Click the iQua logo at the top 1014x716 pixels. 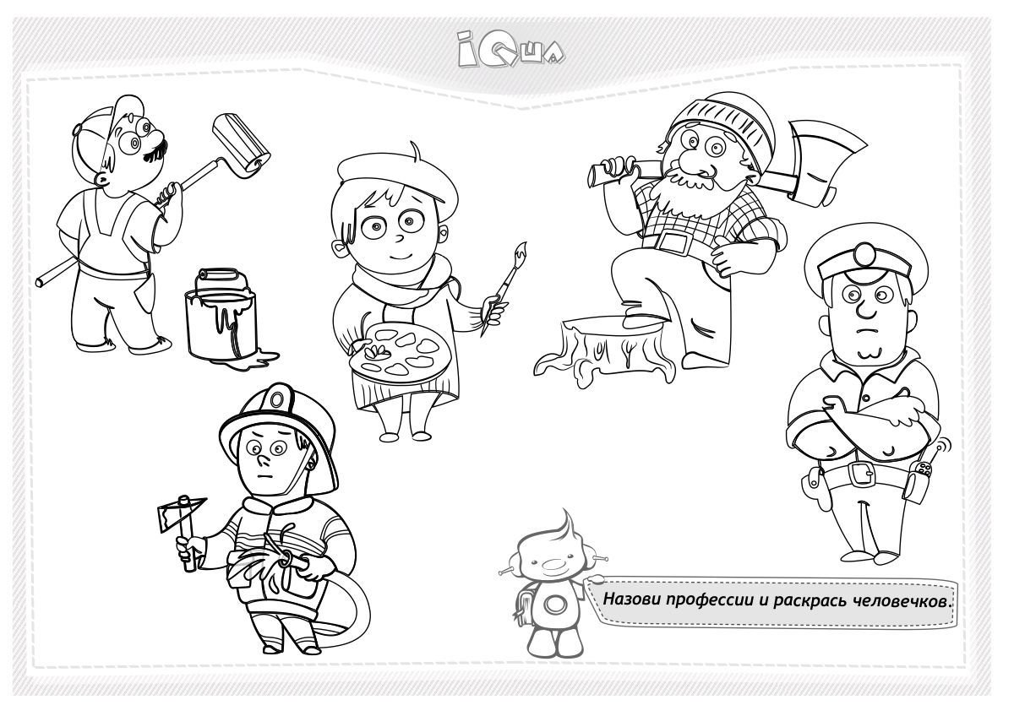[510, 49]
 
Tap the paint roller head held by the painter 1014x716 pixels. [242, 144]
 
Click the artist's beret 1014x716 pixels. [397, 176]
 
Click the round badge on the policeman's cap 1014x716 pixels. [864, 255]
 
